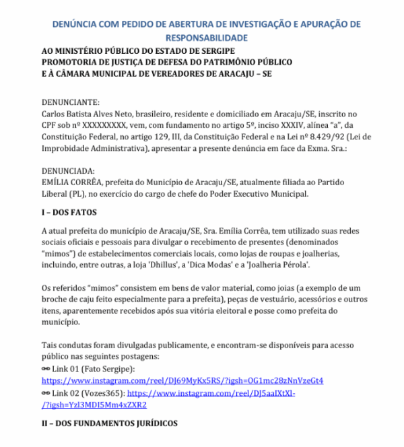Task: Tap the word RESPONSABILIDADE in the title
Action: tap(202, 38)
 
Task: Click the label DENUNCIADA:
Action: tap(68, 171)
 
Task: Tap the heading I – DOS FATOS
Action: tap(70, 212)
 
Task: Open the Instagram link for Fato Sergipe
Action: tap(182, 381)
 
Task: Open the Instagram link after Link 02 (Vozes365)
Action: tap(211, 393)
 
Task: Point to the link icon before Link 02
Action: tap(46, 393)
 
